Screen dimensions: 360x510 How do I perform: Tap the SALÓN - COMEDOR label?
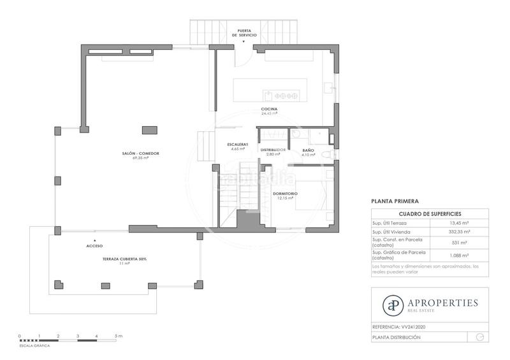coord(141,154)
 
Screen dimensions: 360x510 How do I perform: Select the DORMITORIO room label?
coord(285,194)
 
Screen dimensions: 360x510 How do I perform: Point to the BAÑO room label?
coord(308,150)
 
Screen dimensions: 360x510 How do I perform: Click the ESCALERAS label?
coord(237,144)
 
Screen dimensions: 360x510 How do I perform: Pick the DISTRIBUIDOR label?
coord(273,150)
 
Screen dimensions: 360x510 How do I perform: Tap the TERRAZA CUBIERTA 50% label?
coord(125,259)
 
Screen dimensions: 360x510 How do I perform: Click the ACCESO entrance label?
coord(94,245)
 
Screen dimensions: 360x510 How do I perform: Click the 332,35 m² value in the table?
coord(459,232)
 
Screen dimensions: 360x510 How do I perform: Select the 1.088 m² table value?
coord(459,255)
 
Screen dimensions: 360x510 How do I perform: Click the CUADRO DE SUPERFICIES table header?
coord(430,213)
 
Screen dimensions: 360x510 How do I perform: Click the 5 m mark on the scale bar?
coord(116,335)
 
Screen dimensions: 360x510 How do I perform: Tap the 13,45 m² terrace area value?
coord(459,223)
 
